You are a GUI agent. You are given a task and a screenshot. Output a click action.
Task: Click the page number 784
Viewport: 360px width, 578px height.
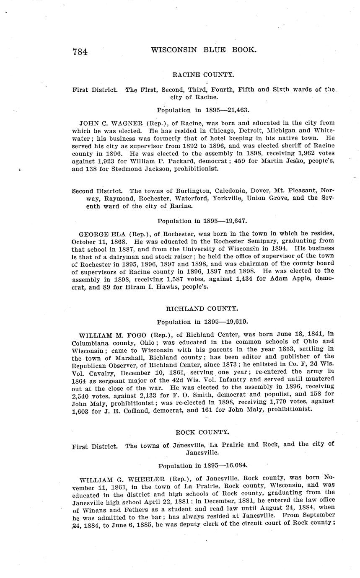(x=80, y=52)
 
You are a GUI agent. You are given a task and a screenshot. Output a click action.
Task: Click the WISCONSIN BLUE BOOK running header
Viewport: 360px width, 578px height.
(x=203, y=50)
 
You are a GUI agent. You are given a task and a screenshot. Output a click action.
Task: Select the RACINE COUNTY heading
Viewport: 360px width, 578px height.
(x=203, y=75)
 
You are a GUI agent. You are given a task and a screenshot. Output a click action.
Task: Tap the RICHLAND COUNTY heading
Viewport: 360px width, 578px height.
(x=202, y=309)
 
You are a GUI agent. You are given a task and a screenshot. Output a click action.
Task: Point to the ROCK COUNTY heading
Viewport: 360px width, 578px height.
(x=202, y=432)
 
